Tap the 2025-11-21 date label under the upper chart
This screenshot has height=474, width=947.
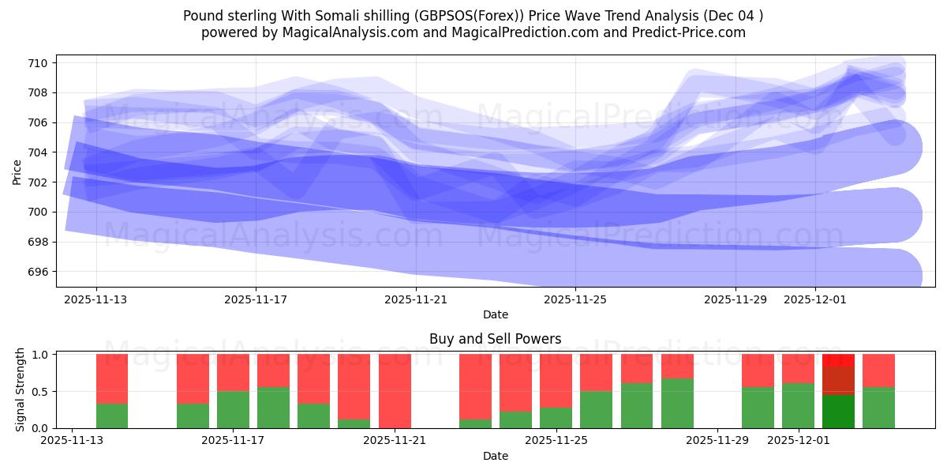pyautogui.click(x=415, y=300)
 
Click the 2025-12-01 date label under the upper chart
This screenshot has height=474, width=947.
pyautogui.click(x=815, y=300)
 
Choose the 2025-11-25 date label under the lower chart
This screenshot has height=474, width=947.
pyautogui.click(x=557, y=441)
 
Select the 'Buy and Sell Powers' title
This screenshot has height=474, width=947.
pyautogui.click(x=495, y=339)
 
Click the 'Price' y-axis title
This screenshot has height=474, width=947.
pyautogui.click(x=17, y=171)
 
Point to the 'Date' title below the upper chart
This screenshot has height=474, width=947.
pyautogui.click(x=495, y=314)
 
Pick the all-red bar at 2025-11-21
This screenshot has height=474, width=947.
pyautogui.click(x=395, y=391)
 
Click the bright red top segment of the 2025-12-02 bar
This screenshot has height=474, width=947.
pyautogui.click(x=838, y=360)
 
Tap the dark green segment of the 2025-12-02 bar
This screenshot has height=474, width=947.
pyautogui.click(x=838, y=412)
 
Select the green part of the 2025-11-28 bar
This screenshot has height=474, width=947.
pyautogui.click(x=677, y=404)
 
